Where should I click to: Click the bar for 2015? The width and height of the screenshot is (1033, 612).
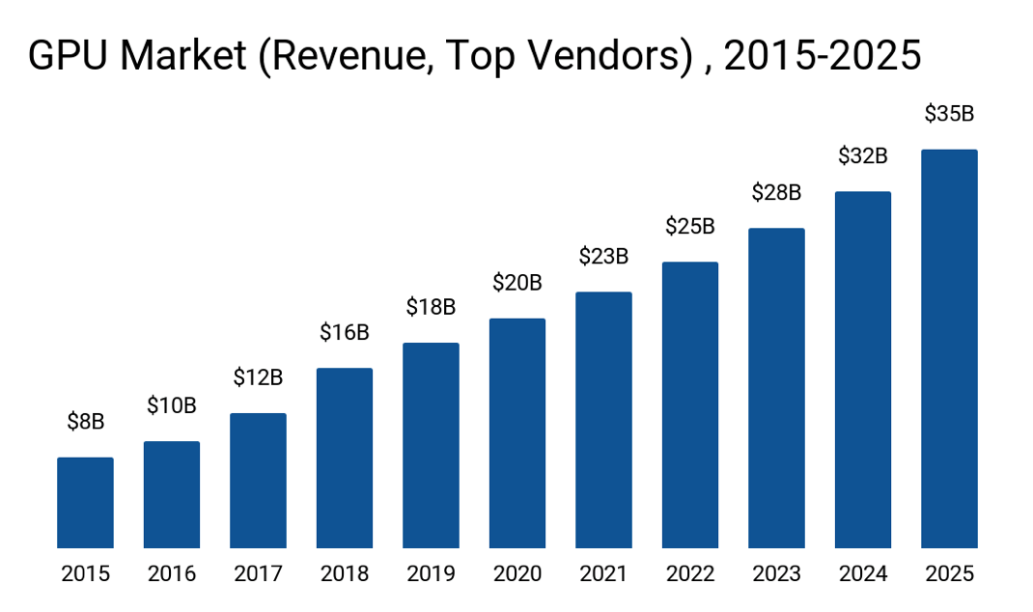pyautogui.click(x=85, y=503)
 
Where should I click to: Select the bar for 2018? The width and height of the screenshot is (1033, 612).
pyautogui.click(x=345, y=459)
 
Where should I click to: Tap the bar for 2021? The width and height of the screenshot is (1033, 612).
pyautogui.click(x=603, y=420)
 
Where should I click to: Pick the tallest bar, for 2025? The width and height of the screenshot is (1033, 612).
pyautogui.click(x=949, y=349)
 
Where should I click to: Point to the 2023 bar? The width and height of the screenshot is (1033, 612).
pyautogui.click(x=776, y=388)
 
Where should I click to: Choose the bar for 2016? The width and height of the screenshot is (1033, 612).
pyautogui.click(x=172, y=495)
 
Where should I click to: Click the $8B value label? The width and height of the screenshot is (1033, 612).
pyautogui.click(x=85, y=421)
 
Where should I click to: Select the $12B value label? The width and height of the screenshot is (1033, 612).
pyautogui.click(x=258, y=377)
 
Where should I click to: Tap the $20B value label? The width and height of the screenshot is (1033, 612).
pyautogui.click(x=517, y=283)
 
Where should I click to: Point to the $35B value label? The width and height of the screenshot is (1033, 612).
pyautogui.click(x=949, y=114)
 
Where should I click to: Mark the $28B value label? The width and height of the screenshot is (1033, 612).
pyautogui.click(x=776, y=192)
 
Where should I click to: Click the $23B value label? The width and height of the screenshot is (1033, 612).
pyautogui.click(x=603, y=256)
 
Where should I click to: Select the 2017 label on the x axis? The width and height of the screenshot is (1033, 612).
pyautogui.click(x=258, y=574)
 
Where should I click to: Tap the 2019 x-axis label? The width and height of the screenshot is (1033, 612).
pyautogui.click(x=431, y=574)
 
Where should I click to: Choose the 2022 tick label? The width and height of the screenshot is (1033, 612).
pyautogui.click(x=690, y=574)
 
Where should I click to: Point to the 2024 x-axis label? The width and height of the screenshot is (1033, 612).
pyautogui.click(x=863, y=574)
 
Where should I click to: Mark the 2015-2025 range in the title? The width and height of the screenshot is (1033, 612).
pyautogui.click(x=823, y=57)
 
